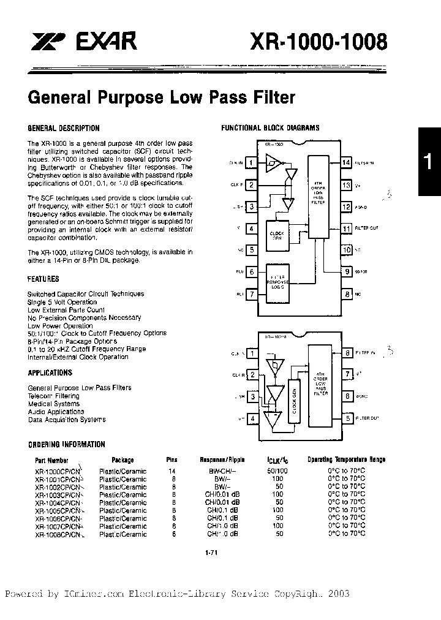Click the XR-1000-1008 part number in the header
[x=318, y=42]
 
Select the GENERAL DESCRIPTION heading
[x=64, y=129]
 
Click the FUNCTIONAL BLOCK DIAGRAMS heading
[x=270, y=129]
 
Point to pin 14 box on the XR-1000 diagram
[x=346, y=162]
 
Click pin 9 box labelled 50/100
[x=346, y=271]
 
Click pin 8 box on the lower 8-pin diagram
[x=347, y=353]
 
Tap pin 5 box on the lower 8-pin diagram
[x=347, y=418]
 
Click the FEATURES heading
[x=43, y=279]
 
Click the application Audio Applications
[x=56, y=412]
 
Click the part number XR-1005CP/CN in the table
[x=58, y=510]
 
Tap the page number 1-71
[x=211, y=553]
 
